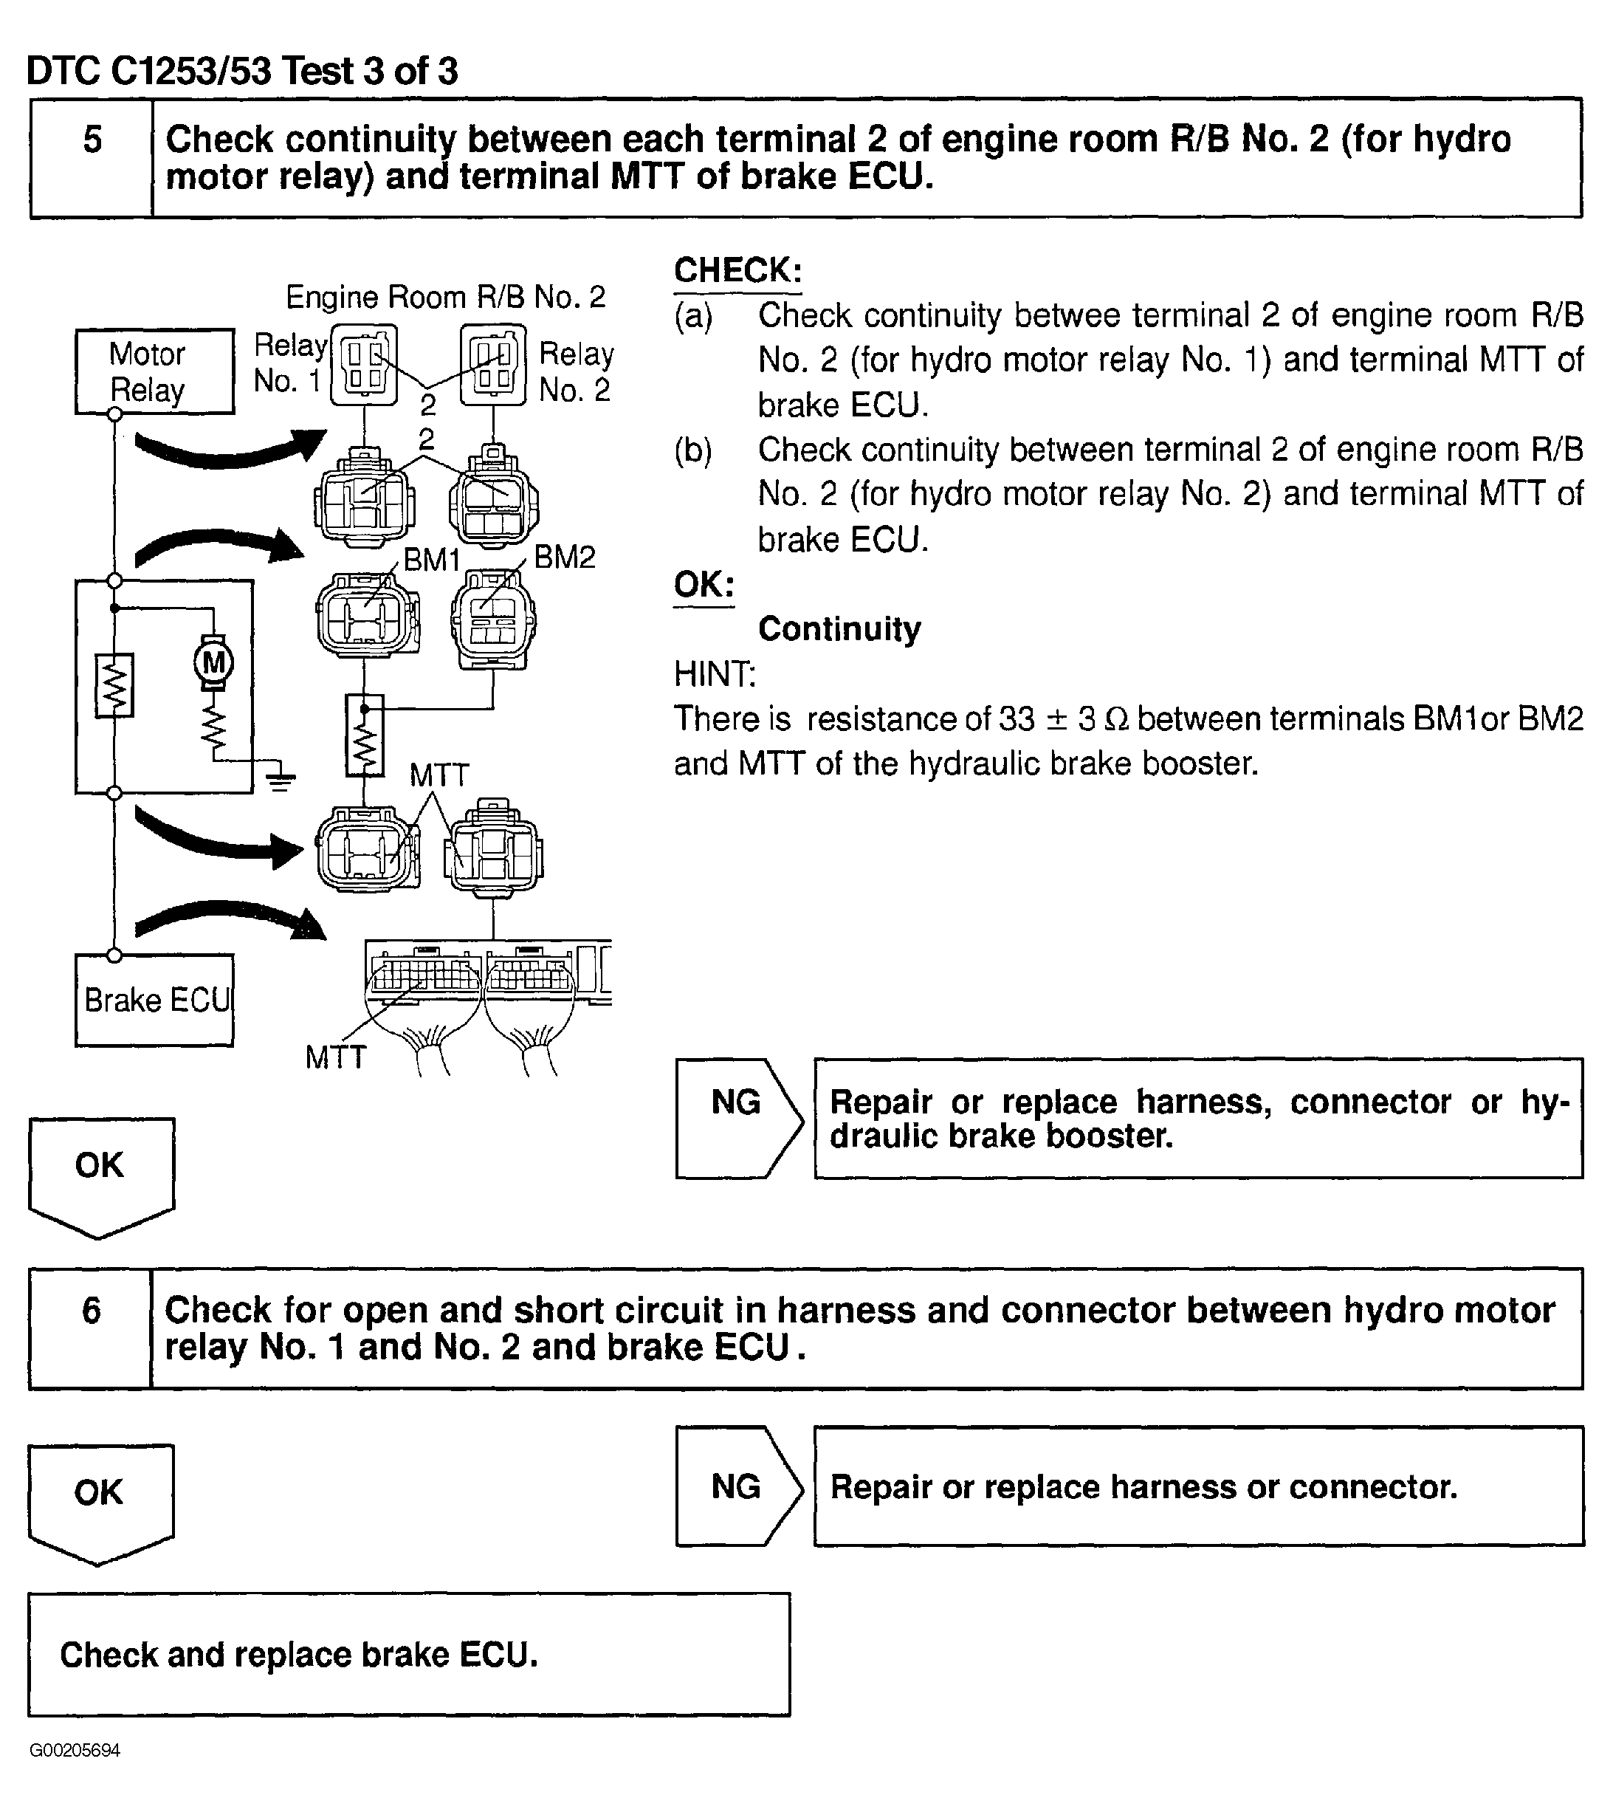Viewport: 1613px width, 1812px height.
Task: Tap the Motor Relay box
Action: click(x=154, y=371)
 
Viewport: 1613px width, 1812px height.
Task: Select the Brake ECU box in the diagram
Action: click(x=154, y=1000)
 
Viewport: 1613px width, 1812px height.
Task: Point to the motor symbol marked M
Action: click(x=213, y=662)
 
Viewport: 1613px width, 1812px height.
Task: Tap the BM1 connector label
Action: click(x=432, y=560)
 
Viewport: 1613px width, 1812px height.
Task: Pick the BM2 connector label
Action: click(x=565, y=557)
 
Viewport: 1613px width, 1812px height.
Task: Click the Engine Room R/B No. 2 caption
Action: click(x=445, y=297)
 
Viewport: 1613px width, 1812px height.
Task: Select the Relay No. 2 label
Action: click(x=576, y=371)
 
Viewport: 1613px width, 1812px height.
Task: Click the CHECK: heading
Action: click(x=737, y=270)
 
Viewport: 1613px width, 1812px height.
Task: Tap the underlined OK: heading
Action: click(x=704, y=584)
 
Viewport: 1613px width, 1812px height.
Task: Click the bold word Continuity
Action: click(x=839, y=628)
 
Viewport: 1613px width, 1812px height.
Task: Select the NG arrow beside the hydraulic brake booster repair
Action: click(x=737, y=1118)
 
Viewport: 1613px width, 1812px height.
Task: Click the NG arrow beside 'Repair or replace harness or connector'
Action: click(x=737, y=1486)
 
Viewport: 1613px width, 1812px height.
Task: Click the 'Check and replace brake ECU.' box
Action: click(x=408, y=1654)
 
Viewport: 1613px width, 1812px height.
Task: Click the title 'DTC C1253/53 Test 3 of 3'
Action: click(x=242, y=71)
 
